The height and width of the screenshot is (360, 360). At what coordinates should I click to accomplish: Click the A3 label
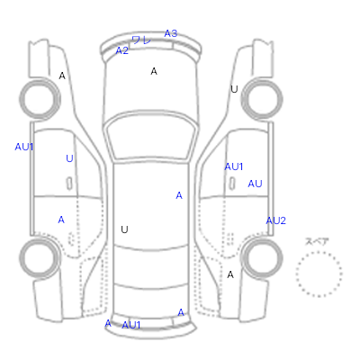tap(171, 33)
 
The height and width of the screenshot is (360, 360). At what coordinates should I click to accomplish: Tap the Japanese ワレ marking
tap(141, 40)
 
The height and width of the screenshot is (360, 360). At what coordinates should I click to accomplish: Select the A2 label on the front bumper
tap(122, 50)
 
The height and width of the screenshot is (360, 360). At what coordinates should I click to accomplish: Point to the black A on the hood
tap(154, 71)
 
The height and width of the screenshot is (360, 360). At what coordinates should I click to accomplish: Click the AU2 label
tap(276, 220)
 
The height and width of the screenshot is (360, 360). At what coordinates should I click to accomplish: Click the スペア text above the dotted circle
tap(317, 241)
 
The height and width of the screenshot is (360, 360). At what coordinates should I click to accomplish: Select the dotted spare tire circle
tap(319, 252)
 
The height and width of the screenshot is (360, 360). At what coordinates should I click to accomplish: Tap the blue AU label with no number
tap(255, 184)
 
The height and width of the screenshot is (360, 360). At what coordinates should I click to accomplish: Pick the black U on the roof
tap(124, 229)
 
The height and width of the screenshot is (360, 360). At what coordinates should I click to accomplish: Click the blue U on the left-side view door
tap(69, 158)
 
